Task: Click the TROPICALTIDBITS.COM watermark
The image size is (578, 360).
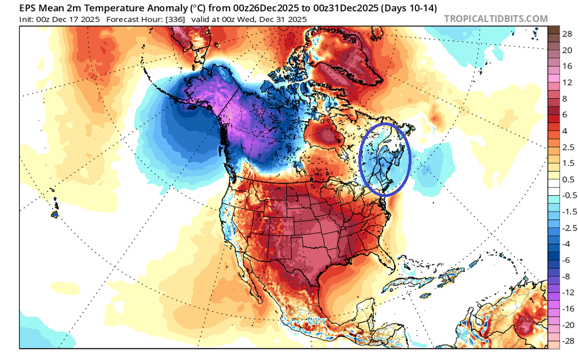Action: (495, 18)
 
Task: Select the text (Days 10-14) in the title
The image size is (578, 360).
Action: (406, 8)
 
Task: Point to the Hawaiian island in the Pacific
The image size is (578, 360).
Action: (54, 214)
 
